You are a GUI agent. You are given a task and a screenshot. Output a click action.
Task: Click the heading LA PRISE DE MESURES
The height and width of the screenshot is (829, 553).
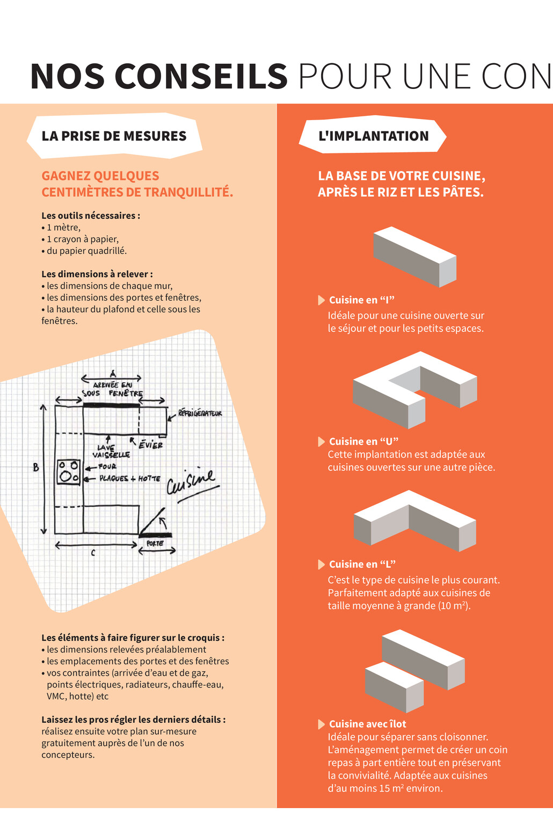(114, 136)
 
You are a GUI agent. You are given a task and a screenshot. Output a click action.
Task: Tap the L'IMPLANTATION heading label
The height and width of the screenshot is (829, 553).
(373, 136)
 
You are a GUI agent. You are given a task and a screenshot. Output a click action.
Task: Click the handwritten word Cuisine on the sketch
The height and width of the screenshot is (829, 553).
(192, 481)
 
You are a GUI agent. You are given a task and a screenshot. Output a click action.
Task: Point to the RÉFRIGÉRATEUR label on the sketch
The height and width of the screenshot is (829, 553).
(200, 413)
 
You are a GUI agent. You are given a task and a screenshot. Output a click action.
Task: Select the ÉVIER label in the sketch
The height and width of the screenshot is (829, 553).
(150, 445)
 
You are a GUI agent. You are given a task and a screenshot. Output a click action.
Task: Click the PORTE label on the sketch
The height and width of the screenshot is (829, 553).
(155, 543)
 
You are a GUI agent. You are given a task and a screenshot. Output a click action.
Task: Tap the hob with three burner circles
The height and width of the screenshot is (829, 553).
(69, 472)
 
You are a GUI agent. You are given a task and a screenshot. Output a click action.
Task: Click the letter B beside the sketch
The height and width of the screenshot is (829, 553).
(36, 467)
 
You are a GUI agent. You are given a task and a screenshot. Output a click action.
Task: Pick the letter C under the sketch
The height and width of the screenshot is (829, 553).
(93, 553)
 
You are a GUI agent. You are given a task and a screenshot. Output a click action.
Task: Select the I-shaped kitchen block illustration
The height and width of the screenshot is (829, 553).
(414, 256)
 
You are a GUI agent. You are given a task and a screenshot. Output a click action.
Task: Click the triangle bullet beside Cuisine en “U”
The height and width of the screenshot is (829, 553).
(321, 441)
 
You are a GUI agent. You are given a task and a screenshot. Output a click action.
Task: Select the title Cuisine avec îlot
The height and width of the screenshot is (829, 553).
(367, 724)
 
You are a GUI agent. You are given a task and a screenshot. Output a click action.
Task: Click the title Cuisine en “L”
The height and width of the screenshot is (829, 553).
(362, 564)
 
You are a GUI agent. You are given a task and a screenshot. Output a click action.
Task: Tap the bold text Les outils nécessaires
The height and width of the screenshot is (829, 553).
(90, 216)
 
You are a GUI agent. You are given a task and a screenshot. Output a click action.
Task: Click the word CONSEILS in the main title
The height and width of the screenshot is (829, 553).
(200, 77)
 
